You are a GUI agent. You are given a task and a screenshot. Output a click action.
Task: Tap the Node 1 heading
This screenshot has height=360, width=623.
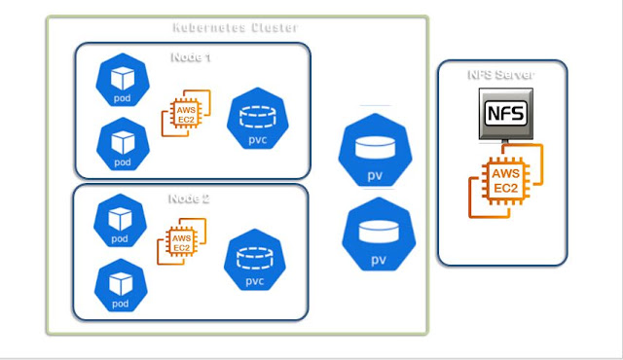point(191,56)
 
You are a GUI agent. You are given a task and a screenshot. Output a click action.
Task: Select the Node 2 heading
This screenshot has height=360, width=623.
point(189,198)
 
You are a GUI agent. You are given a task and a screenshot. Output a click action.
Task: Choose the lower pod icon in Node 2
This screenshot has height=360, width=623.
point(120,285)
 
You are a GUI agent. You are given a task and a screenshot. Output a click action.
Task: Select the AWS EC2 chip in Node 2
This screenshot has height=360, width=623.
point(181,243)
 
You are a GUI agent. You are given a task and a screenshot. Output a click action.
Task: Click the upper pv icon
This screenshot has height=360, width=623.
point(375,151)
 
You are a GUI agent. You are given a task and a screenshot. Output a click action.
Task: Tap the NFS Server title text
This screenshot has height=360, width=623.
point(501,75)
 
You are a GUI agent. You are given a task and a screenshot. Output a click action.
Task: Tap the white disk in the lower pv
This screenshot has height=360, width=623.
point(380,231)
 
